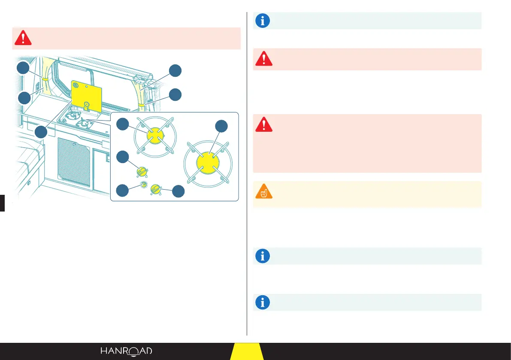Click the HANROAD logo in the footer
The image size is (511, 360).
(x=126, y=351)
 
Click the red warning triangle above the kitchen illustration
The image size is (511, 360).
(x=23, y=38)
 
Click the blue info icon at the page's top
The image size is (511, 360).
(x=263, y=21)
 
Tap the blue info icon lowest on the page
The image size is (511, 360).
(x=263, y=302)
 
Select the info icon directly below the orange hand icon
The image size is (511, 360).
(x=263, y=256)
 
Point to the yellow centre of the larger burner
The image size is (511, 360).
(x=208, y=163)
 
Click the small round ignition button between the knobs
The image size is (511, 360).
(x=144, y=185)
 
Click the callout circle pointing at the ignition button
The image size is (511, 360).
(x=123, y=190)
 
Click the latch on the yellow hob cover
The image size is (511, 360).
(x=86, y=104)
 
